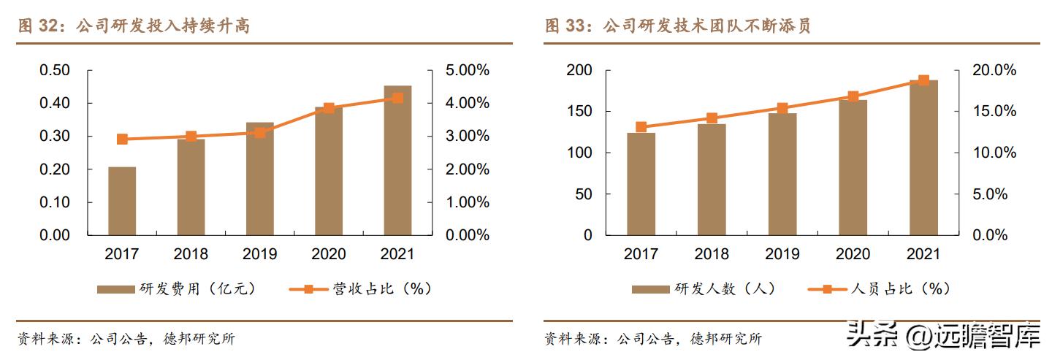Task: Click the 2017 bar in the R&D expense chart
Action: click(122, 201)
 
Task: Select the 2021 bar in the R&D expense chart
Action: click(397, 161)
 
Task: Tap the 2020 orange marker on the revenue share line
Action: click(329, 108)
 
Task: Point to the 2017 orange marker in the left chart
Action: click(122, 139)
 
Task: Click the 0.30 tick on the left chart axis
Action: click(54, 137)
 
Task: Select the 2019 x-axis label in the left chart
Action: click(259, 254)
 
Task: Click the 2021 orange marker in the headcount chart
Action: click(923, 80)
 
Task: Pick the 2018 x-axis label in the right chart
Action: click(712, 254)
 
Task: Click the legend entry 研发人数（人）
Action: click(704, 289)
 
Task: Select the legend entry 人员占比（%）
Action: click(880, 289)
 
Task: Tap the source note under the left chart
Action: click(126, 339)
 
